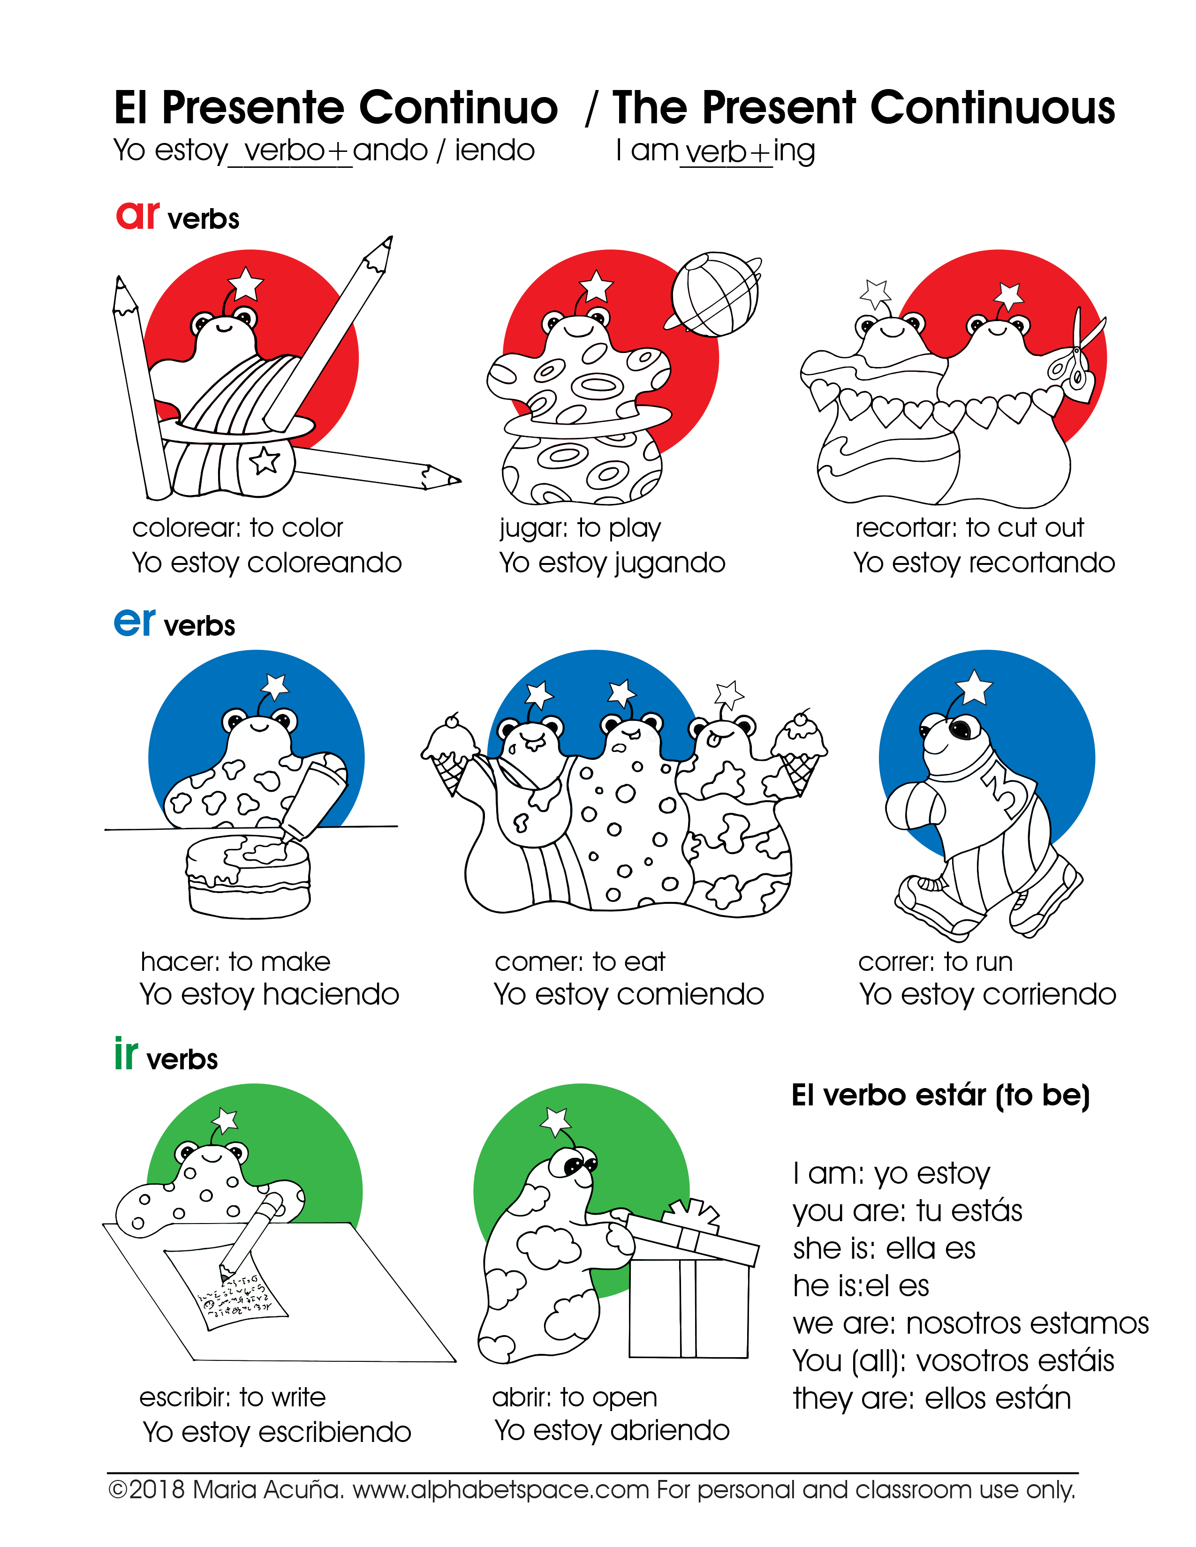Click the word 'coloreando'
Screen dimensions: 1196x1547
(325, 563)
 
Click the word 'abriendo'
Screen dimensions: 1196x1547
(670, 1430)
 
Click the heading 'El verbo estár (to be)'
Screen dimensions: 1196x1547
(940, 1096)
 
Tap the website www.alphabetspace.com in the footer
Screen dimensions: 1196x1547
(501, 1490)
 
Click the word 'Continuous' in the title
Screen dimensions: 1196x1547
(992, 108)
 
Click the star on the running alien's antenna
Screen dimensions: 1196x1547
(974, 687)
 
